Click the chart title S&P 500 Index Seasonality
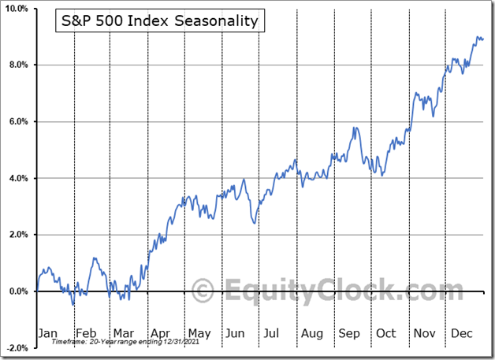coord(159,21)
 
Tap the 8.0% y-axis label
coord(19,65)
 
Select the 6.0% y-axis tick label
coord(19,122)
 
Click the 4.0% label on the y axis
coord(19,179)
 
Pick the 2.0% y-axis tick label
coord(19,235)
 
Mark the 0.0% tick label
coord(19,291)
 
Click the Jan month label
coord(48,333)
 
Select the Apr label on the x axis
coord(160,333)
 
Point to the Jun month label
coord(234,333)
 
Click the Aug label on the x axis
coord(311,333)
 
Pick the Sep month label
coord(348,333)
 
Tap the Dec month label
coord(462,333)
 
